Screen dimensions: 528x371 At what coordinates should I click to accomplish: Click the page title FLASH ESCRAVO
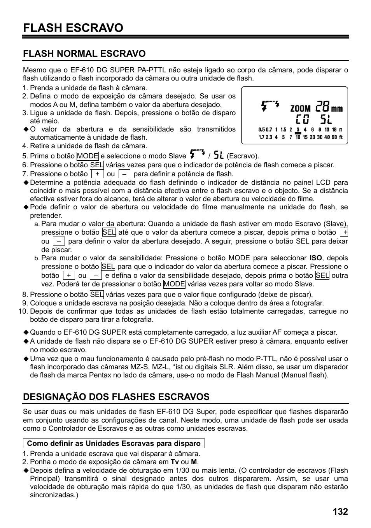coord(73,28)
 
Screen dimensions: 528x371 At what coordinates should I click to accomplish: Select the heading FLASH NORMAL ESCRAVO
coord(84,53)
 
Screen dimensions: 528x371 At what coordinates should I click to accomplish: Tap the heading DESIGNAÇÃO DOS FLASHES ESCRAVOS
coord(116,396)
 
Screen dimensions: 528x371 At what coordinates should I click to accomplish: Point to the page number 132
coord(340,511)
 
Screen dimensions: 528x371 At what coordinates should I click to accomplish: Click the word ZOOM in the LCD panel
coord(300,109)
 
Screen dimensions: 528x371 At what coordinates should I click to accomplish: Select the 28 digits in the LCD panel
coord(323,106)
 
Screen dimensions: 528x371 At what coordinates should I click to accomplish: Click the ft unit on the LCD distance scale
coord(341,137)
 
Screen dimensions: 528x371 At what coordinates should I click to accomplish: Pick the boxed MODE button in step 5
coord(87,156)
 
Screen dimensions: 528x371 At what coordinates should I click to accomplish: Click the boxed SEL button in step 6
coord(96,165)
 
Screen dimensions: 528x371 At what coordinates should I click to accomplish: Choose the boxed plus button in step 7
coord(97,174)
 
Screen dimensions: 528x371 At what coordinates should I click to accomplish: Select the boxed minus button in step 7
coord(124,174)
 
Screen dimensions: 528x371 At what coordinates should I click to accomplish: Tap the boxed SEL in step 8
coord(96,295)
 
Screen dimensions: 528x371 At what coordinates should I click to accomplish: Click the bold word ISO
coord(315,258)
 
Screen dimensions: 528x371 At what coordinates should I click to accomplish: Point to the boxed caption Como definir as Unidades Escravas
coord(114,444)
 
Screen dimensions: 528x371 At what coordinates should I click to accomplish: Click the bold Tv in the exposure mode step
coord(175,462)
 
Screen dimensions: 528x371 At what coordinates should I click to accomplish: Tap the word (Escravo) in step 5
coord(243,156)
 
